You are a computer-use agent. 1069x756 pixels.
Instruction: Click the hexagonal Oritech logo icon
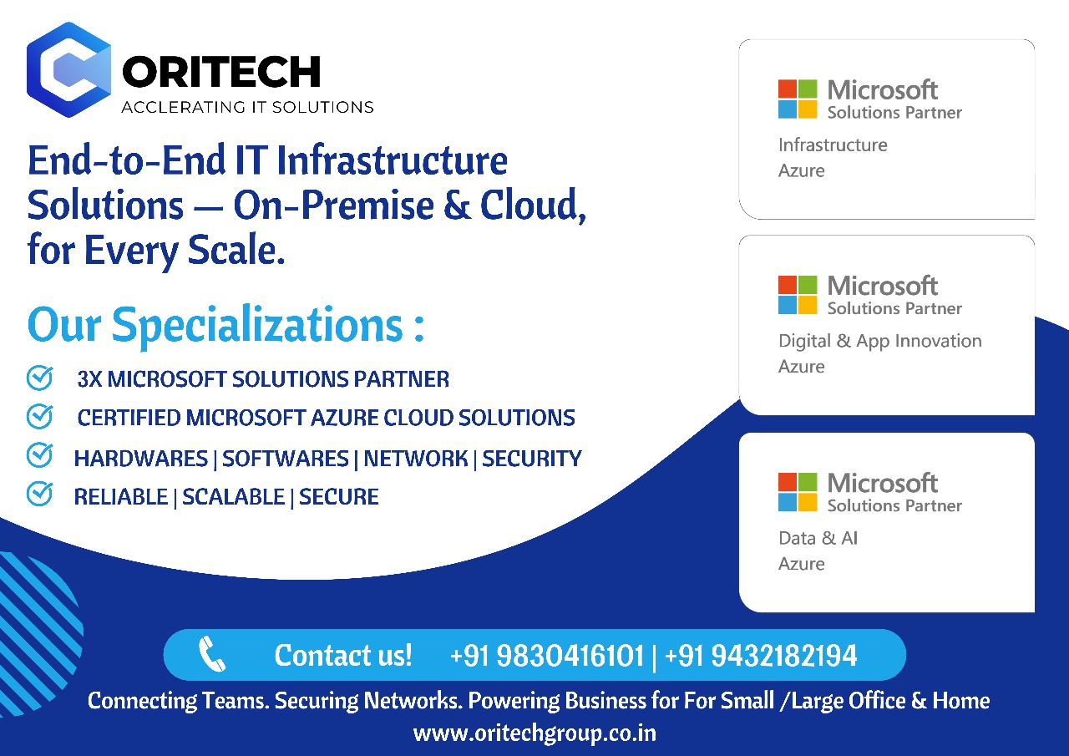pyautogui.click(x=68, y=69)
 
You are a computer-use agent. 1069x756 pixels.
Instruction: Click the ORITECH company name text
pyautogui.click(x=221, y=72)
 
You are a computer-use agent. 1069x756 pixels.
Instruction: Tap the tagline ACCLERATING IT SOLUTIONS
pyautogui.click(x=247, y=107)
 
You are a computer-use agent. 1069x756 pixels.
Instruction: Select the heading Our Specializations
pyautogui.click(x=225, y=326)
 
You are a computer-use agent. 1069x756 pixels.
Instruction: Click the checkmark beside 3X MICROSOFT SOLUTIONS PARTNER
pyautogui.click(x=39, y=378)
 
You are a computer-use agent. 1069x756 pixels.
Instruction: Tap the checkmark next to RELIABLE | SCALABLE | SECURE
pyautogui.click(x=39, y=494)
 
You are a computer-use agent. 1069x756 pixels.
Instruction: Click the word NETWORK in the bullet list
pyautogui.click(x=416, y=458)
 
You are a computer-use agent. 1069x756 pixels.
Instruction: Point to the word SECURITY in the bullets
pyautogui.click(x=532, y=458)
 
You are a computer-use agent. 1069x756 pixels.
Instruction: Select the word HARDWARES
pyautogui.click(x=141, y=458)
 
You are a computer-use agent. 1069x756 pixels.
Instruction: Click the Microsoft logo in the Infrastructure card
pyautogui.click(x=798, y=99)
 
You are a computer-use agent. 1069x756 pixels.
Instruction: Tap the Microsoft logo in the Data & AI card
pyautogui.click(x=798, y=492)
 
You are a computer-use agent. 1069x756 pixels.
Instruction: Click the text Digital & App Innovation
pyautogui.click(x=880, y=342)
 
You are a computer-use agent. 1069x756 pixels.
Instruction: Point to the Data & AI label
pyautogui.click(x=818, y=538)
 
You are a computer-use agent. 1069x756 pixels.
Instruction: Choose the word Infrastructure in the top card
pyautogui.click(x=833, y=145)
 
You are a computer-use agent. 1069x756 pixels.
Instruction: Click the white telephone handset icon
pyautogui.click(x=212, y=654)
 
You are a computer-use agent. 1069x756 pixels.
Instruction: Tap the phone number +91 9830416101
pyautogui.click(x=547, y=655)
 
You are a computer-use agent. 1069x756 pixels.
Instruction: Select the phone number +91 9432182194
pyautogui.click(x=761, y=655)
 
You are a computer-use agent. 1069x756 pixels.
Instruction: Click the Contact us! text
pyautogui.click(x=343, y=655)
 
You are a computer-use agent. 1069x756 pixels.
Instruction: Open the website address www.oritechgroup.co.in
pyautogui.click(x=534, y=733)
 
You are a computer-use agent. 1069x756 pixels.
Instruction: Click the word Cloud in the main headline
pyautogui.click(x=533, y=205)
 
